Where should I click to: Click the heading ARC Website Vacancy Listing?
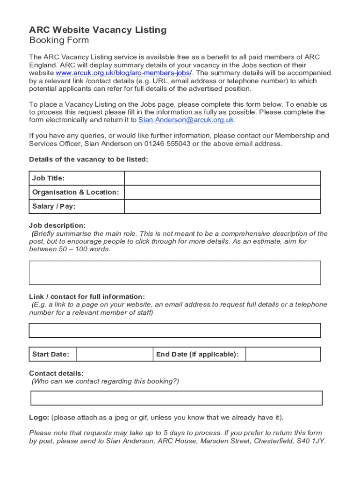coord(98,30)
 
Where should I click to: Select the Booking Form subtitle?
coord(59,40)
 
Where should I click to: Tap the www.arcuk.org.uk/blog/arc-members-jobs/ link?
coord(124,73)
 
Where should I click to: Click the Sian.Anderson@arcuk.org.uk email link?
coord(186,120)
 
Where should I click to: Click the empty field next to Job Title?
coord(222,178)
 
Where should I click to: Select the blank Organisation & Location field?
coord(222,192)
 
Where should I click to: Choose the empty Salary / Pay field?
coord(222,206)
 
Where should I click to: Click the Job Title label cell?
coord(49,178)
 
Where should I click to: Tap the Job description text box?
coord(175,273)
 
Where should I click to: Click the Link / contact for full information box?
coord(175,330)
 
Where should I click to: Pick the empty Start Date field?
coord(115,354)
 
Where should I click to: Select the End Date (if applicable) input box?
coord(283,354)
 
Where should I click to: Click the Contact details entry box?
coord(176,398)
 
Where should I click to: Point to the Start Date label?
coord(50,354)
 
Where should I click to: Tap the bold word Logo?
coord(39,417)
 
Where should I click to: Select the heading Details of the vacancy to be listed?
coord(88,160)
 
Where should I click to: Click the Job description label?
coord(57,225)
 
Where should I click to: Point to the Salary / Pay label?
coord(54,206)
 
